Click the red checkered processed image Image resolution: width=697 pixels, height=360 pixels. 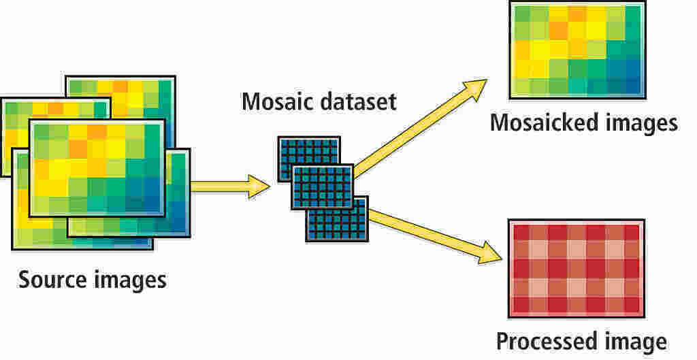click(575, 268)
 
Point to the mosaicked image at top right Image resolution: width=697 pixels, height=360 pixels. click(577, 50)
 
